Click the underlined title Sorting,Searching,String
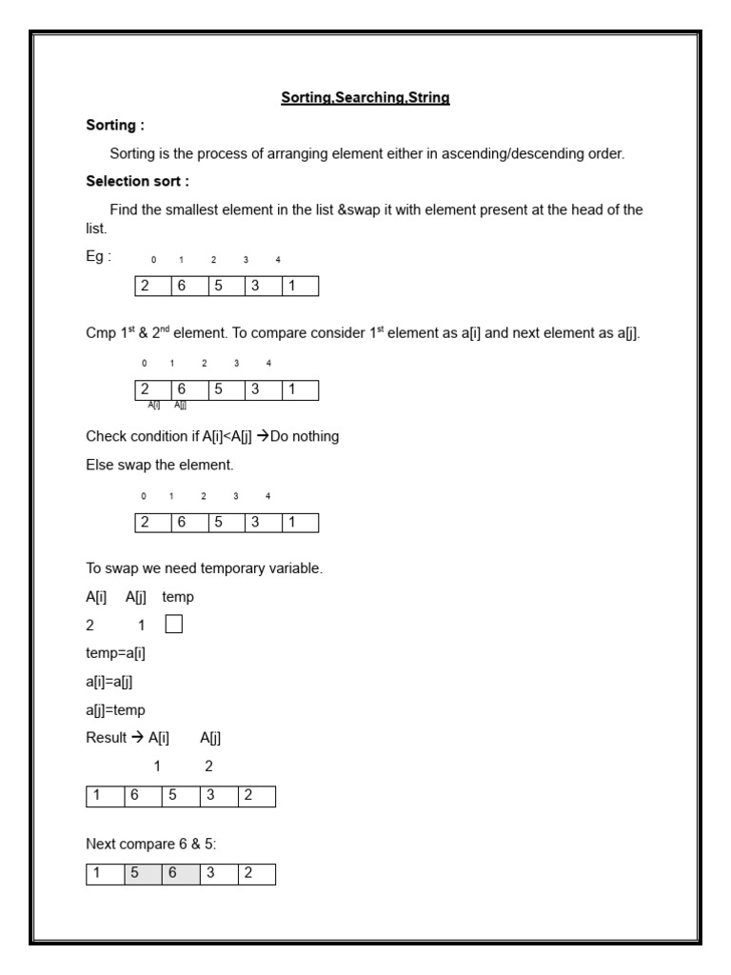[365, 97]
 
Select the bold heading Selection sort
[137, 181]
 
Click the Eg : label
[98, 256]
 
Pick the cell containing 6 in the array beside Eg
[189, 287]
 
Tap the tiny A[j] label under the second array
[180, 406]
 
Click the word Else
[100, 465]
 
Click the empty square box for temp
[173, 626]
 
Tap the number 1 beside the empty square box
[141, 626]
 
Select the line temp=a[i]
[115, 653]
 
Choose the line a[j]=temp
[115, 710]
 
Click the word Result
[106, 738]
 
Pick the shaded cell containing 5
[143, 874]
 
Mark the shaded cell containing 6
[181, 874]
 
